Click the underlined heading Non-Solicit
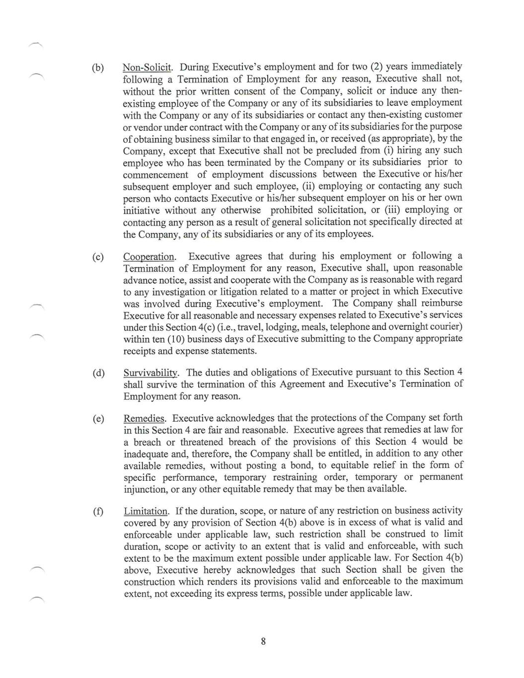tap(147, 67)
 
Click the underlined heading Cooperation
tap(149, 257)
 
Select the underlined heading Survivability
tap(151, 373)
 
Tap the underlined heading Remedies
tap(145, 419)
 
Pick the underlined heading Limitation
tap(146, 511)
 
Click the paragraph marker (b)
tap(98, 68)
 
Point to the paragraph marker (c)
tap(98, 257)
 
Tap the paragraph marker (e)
tap(98, 419)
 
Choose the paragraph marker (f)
tap(98, 512)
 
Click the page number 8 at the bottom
tap(263, 641)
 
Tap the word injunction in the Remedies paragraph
tap(145, 489)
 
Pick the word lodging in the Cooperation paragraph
tap(277, 327)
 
